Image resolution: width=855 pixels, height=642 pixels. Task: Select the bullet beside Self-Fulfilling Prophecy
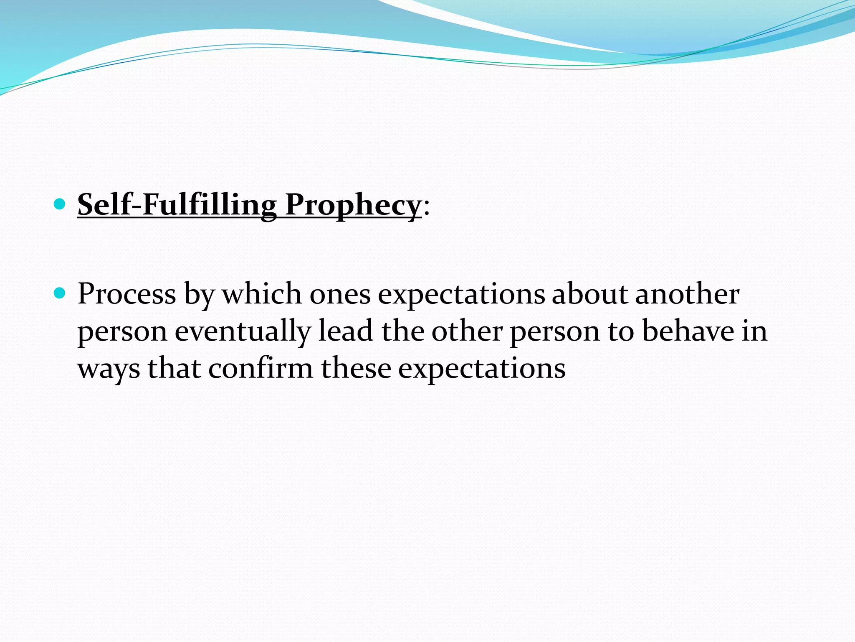(x=60, y=204)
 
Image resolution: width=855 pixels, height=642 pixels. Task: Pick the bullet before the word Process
(x=60, y=293)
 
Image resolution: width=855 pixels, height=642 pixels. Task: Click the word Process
(x=127, y=294)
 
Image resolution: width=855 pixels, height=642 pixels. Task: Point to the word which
(x=262, y=294)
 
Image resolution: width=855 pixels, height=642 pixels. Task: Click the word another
(x=687, y=294)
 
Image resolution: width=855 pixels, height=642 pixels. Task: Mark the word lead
(x=346, y=331)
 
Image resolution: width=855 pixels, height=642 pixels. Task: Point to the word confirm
(x=260, y=368)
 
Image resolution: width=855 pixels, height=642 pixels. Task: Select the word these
(x=356, y=368)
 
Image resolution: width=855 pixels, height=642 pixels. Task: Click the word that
(x=174, y=368)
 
